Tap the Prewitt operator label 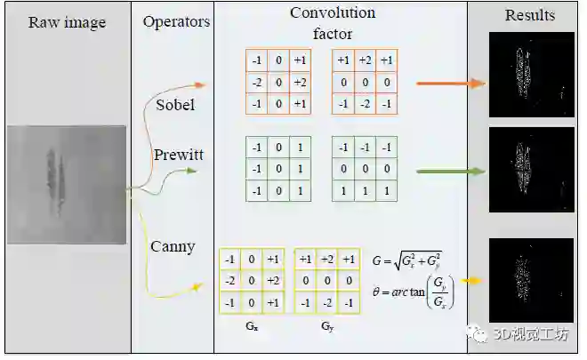(178, 155)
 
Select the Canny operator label (173, 246)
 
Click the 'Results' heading (530, 14)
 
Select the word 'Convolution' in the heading (333, 13)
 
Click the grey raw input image (67, 184)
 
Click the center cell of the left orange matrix (278, 83)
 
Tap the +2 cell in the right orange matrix (366, 61)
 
